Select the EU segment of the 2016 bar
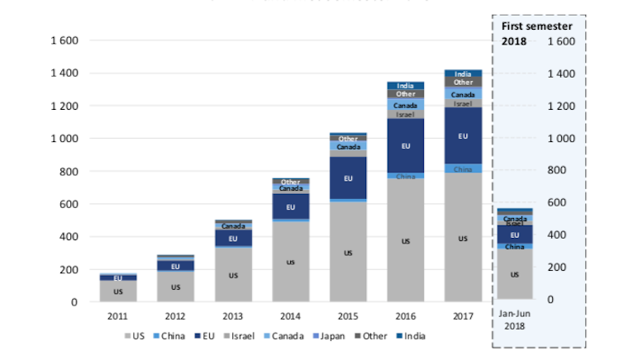(405, 146)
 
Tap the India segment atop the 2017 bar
(463, 74)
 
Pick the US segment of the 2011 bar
(118, 291)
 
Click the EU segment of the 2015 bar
(348, 178)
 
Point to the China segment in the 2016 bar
(405, 176)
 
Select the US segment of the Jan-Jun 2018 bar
(515, 274)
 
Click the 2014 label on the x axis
(290, 315)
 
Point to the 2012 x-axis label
(175, 315)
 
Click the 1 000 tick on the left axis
(63, 139)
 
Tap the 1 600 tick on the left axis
(63, 40)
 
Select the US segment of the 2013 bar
(233, 274)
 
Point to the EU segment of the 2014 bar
(290, 206)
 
